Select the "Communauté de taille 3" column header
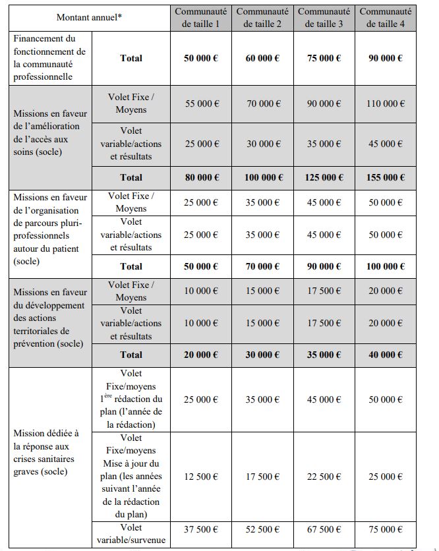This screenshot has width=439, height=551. [324, 17]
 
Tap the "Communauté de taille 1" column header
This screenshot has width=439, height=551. [201, 17]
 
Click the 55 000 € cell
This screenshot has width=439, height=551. [201, 103]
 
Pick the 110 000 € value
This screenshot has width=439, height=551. [386, 103]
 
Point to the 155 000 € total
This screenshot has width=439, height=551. [386, 177]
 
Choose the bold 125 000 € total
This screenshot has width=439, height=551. [324, 177]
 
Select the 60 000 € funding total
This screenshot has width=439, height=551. [262, 58]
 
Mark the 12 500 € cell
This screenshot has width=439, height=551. [201, 477]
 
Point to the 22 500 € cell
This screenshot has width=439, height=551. [324, 477]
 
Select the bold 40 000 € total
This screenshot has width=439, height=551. [386, 355]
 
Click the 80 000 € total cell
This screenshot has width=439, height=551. [201, 177]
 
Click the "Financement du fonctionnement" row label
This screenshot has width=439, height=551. [49, 58]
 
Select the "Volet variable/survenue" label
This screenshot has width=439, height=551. [131, 535]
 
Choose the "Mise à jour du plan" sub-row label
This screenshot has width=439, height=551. [131, 477]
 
